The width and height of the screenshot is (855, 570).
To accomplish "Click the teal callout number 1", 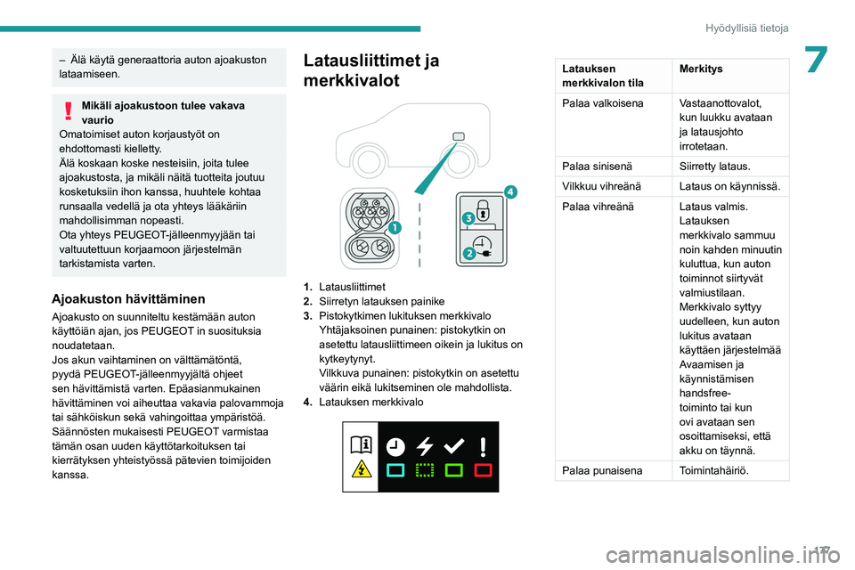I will pyautogui.click(x=394, y=228).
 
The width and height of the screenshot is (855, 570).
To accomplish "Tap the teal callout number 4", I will pyautogui.click(x=509, y=191).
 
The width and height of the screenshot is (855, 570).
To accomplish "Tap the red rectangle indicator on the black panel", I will pyautogui.click(x=483, y=469).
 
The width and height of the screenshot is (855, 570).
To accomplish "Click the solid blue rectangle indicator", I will pyautogui.click(x=396, y=469).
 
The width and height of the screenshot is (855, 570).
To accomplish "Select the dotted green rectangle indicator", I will pyautogui.click(x=424, y=469).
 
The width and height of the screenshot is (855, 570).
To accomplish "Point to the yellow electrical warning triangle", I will pyautogui.click(x=362, y=469).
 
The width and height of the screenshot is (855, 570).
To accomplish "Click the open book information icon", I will pyautogui.click(x=362, y=445).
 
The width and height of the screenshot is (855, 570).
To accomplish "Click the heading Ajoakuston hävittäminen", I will pyautogui.click(x=129, y=298).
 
